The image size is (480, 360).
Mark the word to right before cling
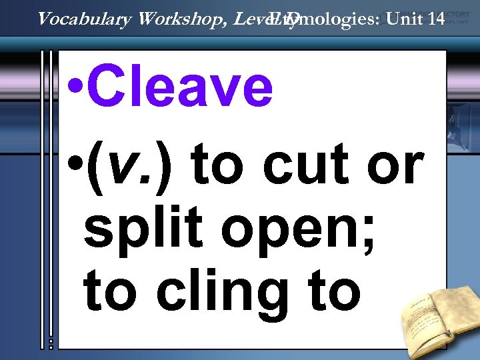coord(109,290)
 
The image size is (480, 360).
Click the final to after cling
coord(333,290)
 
